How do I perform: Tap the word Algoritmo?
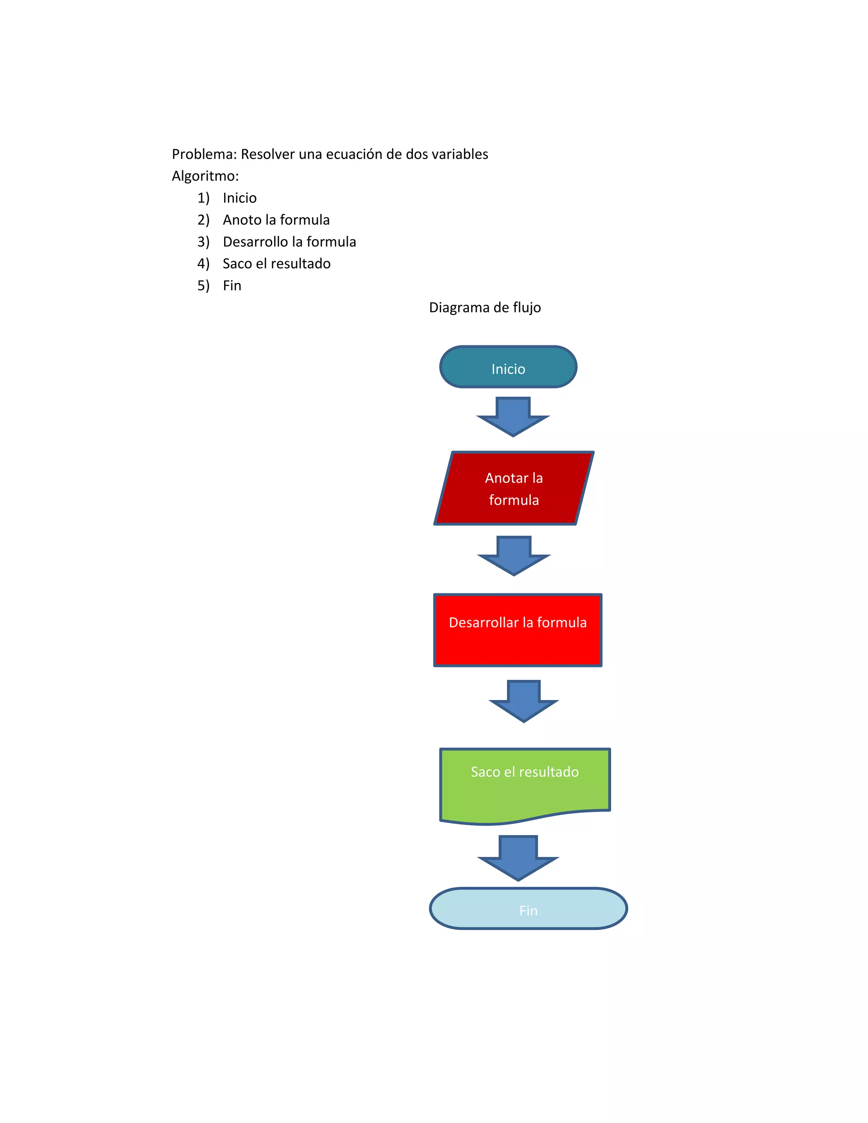pyautogui.click(x=205, y=176)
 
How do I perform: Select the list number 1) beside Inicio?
pyautogui.click(x=203, y=198)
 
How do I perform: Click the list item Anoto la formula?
pyautogui.click(x=276, y=220)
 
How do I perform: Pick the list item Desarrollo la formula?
pyautogui.click(x=289, y=242)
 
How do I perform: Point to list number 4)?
pyautogui.click(x=203, y=264)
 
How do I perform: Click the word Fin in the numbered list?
pyautogui.click(x=232, y=286)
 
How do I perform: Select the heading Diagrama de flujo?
pyautogui.click(x=484, y=308)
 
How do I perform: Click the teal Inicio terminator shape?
pyautogui.click(x=508, y=367)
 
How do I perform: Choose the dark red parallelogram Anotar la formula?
pyautogui.click(x=514, y=489)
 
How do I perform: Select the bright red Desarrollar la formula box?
pyautogui.click(x=517, y=631)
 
